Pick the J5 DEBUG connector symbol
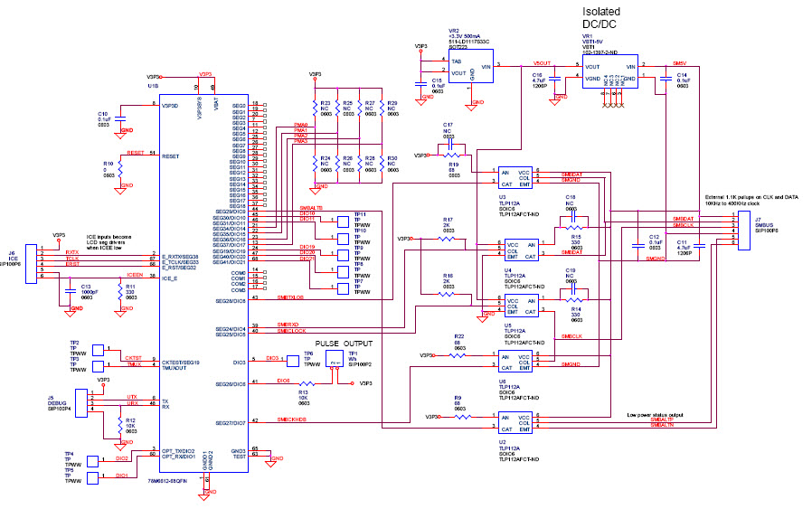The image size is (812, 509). tap(83, 401)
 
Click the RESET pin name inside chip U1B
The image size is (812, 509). tap(170, 156)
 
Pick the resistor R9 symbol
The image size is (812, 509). tap(458, 417)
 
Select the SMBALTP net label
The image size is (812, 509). tap(662, 420)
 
